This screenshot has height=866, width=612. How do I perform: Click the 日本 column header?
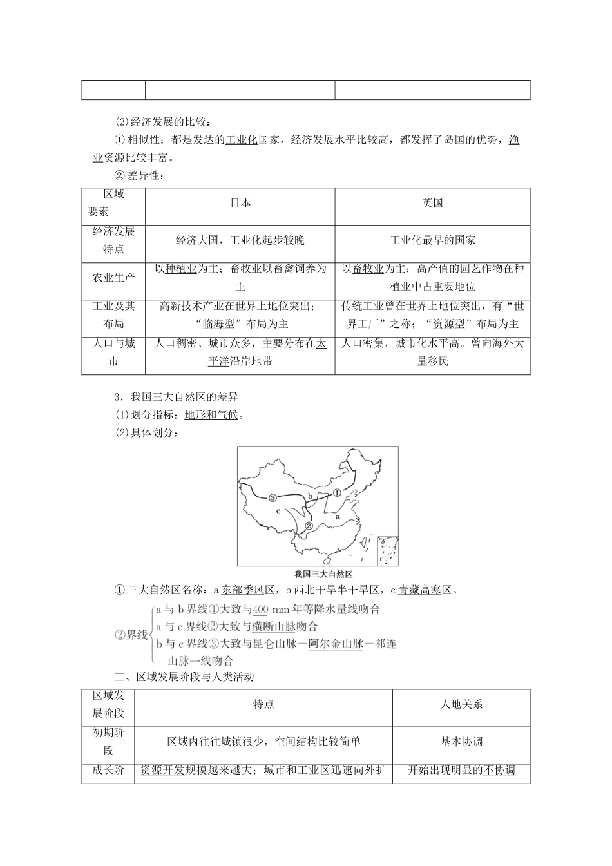click(x=240, y=203)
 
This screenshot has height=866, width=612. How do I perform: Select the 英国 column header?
click(x=432, y=203)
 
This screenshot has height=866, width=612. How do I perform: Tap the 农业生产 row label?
click(x=113, y=278)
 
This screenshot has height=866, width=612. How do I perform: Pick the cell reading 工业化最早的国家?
click(x=432, y=240)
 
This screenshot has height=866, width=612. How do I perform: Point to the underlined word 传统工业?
click(x=363, y=306)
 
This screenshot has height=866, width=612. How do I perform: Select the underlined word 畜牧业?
click(x=368, y=269)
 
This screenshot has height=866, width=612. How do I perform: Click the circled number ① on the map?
click(x=336, y=492)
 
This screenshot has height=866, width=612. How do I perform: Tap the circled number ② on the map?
click(x=308, y=526)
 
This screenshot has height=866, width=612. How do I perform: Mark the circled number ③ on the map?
click(x=255, y=497)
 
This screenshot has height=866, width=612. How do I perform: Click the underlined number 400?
click(x=260, y=610)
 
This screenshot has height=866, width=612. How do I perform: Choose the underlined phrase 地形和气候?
click(x=211, y=415)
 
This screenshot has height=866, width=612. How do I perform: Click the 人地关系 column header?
click(x=461, y=704)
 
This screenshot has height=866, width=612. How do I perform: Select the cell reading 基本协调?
click(x=461, y=742)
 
